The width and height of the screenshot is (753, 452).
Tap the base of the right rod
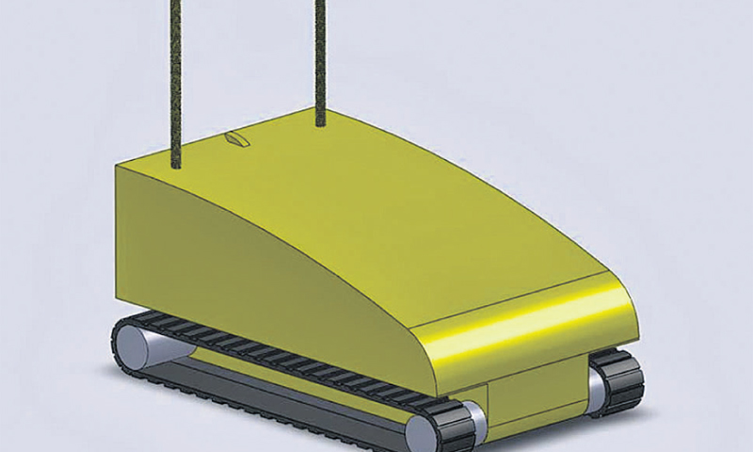pos(320,122)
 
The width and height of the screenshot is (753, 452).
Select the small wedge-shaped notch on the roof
pos(235,140)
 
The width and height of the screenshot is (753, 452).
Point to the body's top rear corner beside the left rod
pos(117,169)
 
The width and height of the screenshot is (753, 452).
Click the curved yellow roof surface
pos(376,207)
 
